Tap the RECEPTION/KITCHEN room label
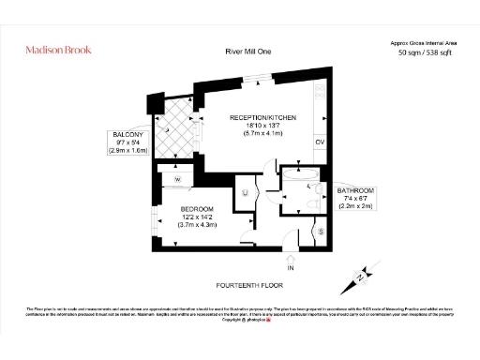pyautogui.click(x=263, y=117)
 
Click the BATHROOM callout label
pyautogui.click(x=355, y=191)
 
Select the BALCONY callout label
pyautogui.click(x=129, y=135)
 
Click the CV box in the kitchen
pyautogui.click(x=319, y=142)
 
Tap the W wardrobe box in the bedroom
pyautogui.click(x=177, y=177)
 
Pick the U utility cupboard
pyautogui.click(x=245, y=193)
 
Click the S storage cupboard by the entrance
pyautogui.click(x=322, y=231)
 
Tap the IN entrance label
pyautogui.click(x=291, y=268)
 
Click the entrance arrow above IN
pyautogui.click(x=291, y=258)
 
